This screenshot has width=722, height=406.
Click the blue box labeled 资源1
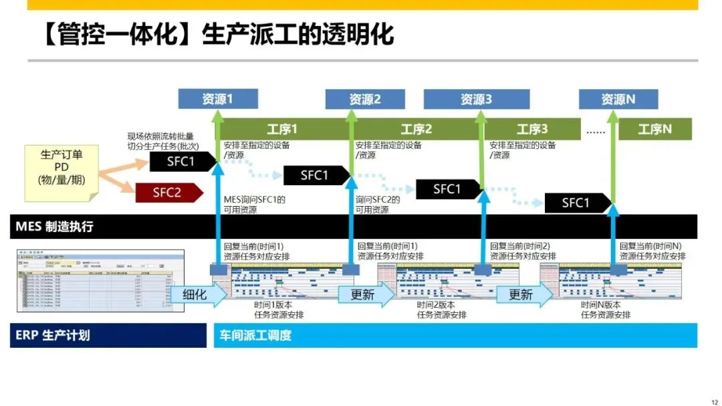218,99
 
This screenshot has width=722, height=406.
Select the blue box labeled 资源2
364,99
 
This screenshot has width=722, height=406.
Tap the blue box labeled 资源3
476,99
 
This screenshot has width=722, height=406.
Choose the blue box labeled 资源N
618,99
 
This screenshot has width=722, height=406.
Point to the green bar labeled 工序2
416,129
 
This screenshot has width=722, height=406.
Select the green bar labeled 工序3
531,129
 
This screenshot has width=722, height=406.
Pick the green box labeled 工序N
654,129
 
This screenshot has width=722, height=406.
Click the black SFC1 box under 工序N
577,203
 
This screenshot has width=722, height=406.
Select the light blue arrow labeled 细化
197,294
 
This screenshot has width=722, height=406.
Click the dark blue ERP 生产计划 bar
107,335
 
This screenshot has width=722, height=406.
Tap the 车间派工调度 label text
257,335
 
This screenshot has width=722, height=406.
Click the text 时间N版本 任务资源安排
605,310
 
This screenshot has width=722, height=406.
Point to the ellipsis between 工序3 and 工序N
594,130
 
